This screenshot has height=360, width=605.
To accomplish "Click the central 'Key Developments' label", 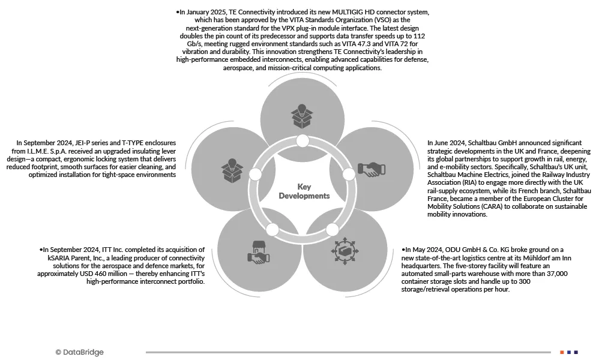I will point(304,191).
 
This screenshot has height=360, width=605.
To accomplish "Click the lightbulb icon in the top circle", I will point(302,115).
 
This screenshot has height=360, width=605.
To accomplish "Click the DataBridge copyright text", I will point(79,352).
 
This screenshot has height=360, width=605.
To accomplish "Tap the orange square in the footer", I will point(562,352).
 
